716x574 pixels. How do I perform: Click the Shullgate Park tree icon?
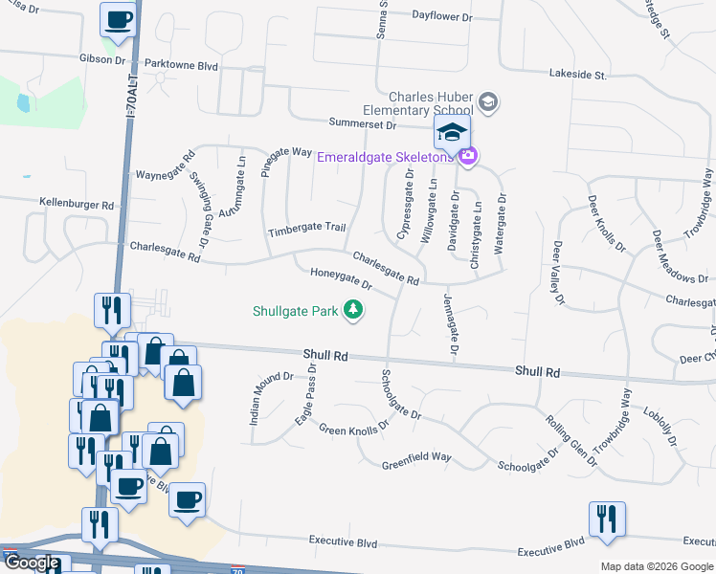click(x=354, y=309)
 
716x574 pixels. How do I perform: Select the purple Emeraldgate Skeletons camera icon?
click(x=467, y=156)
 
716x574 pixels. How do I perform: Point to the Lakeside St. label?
click(x=578, y=73)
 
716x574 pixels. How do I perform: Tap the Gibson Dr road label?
click(x=102, y=59)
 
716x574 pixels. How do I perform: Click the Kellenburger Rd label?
click(x=77, y=204)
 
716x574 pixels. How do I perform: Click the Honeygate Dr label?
click(x=340, y=279)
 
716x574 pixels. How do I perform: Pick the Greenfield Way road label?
click(x=416, y=457)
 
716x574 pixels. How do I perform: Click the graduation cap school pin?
click(x=452, y=133)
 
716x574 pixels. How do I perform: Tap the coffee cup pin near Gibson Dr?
click(x=119, y=20)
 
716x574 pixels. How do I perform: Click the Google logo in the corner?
click(x=32, y=563)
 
